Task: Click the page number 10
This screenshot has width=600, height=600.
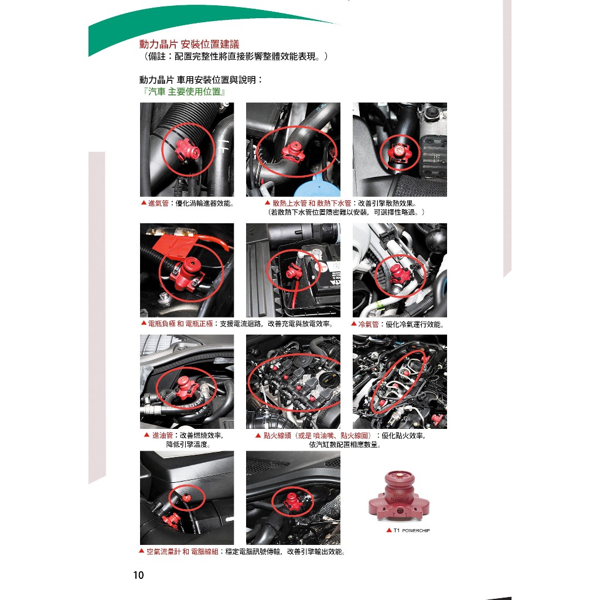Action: click(138, 575)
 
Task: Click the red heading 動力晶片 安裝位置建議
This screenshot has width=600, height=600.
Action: click(189, 45)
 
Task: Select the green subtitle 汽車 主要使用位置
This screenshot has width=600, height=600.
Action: click(185, 92)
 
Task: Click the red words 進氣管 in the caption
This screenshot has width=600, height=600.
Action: click(158, 203)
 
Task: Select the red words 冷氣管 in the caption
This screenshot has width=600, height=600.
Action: click(369, 324)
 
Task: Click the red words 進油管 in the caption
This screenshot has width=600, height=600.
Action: click(163, 435)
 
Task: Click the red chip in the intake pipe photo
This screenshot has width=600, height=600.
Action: click(186, 149)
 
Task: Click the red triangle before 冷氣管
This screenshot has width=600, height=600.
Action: click(354, 323)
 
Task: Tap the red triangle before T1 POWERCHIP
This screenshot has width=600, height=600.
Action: click(389, 530)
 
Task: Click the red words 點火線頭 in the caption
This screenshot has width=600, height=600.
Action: click(277, 435)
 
